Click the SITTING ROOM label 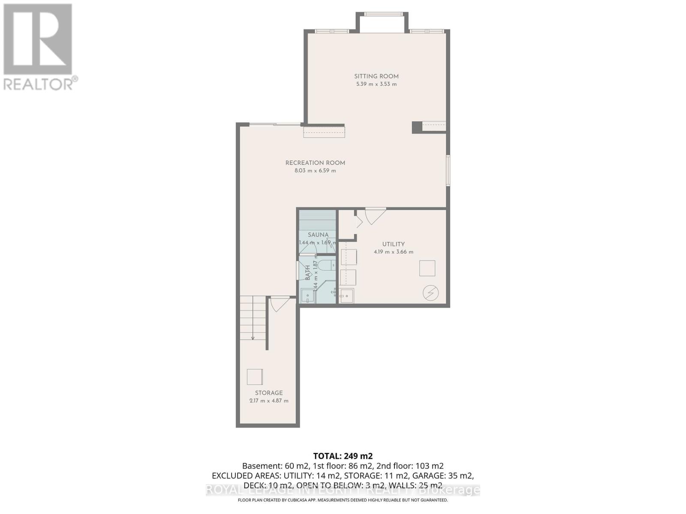[x=376, y=76]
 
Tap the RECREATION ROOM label [x=315, y=163]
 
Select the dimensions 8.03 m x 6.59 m [x=315, y=170]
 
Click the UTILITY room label [x=393, y=244]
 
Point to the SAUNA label [x=318, y=235]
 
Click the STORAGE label [x=269, y=393]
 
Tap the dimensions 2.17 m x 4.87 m [x=269, y=401]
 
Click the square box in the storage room [x=255, y=377]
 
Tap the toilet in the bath [x=326, y=265]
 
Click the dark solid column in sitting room [x=417, y=127]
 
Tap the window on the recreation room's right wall [x=448, y=170]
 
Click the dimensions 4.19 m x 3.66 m [x=393, y=252]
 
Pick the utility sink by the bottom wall [x=346, y=296]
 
